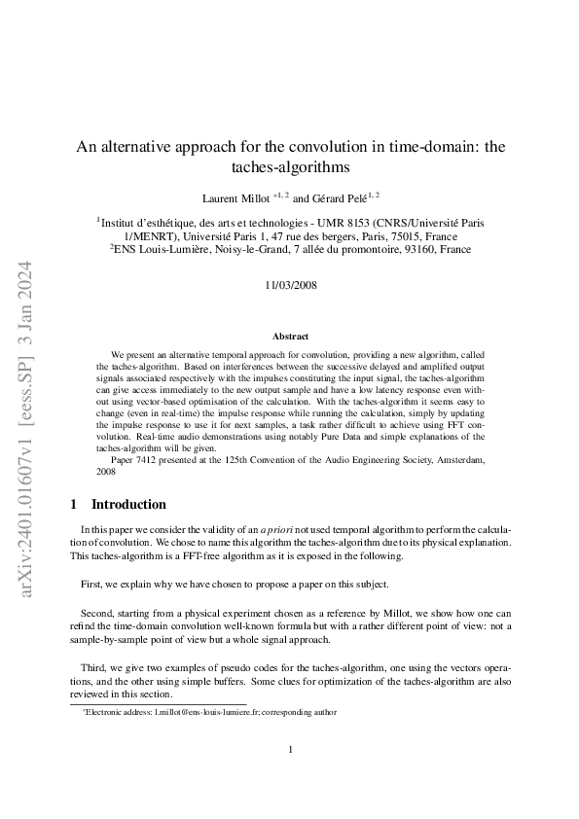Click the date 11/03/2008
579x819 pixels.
coord(289,287)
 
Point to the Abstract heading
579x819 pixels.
coord(290,336)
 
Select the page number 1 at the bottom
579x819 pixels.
coord(290,750)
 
